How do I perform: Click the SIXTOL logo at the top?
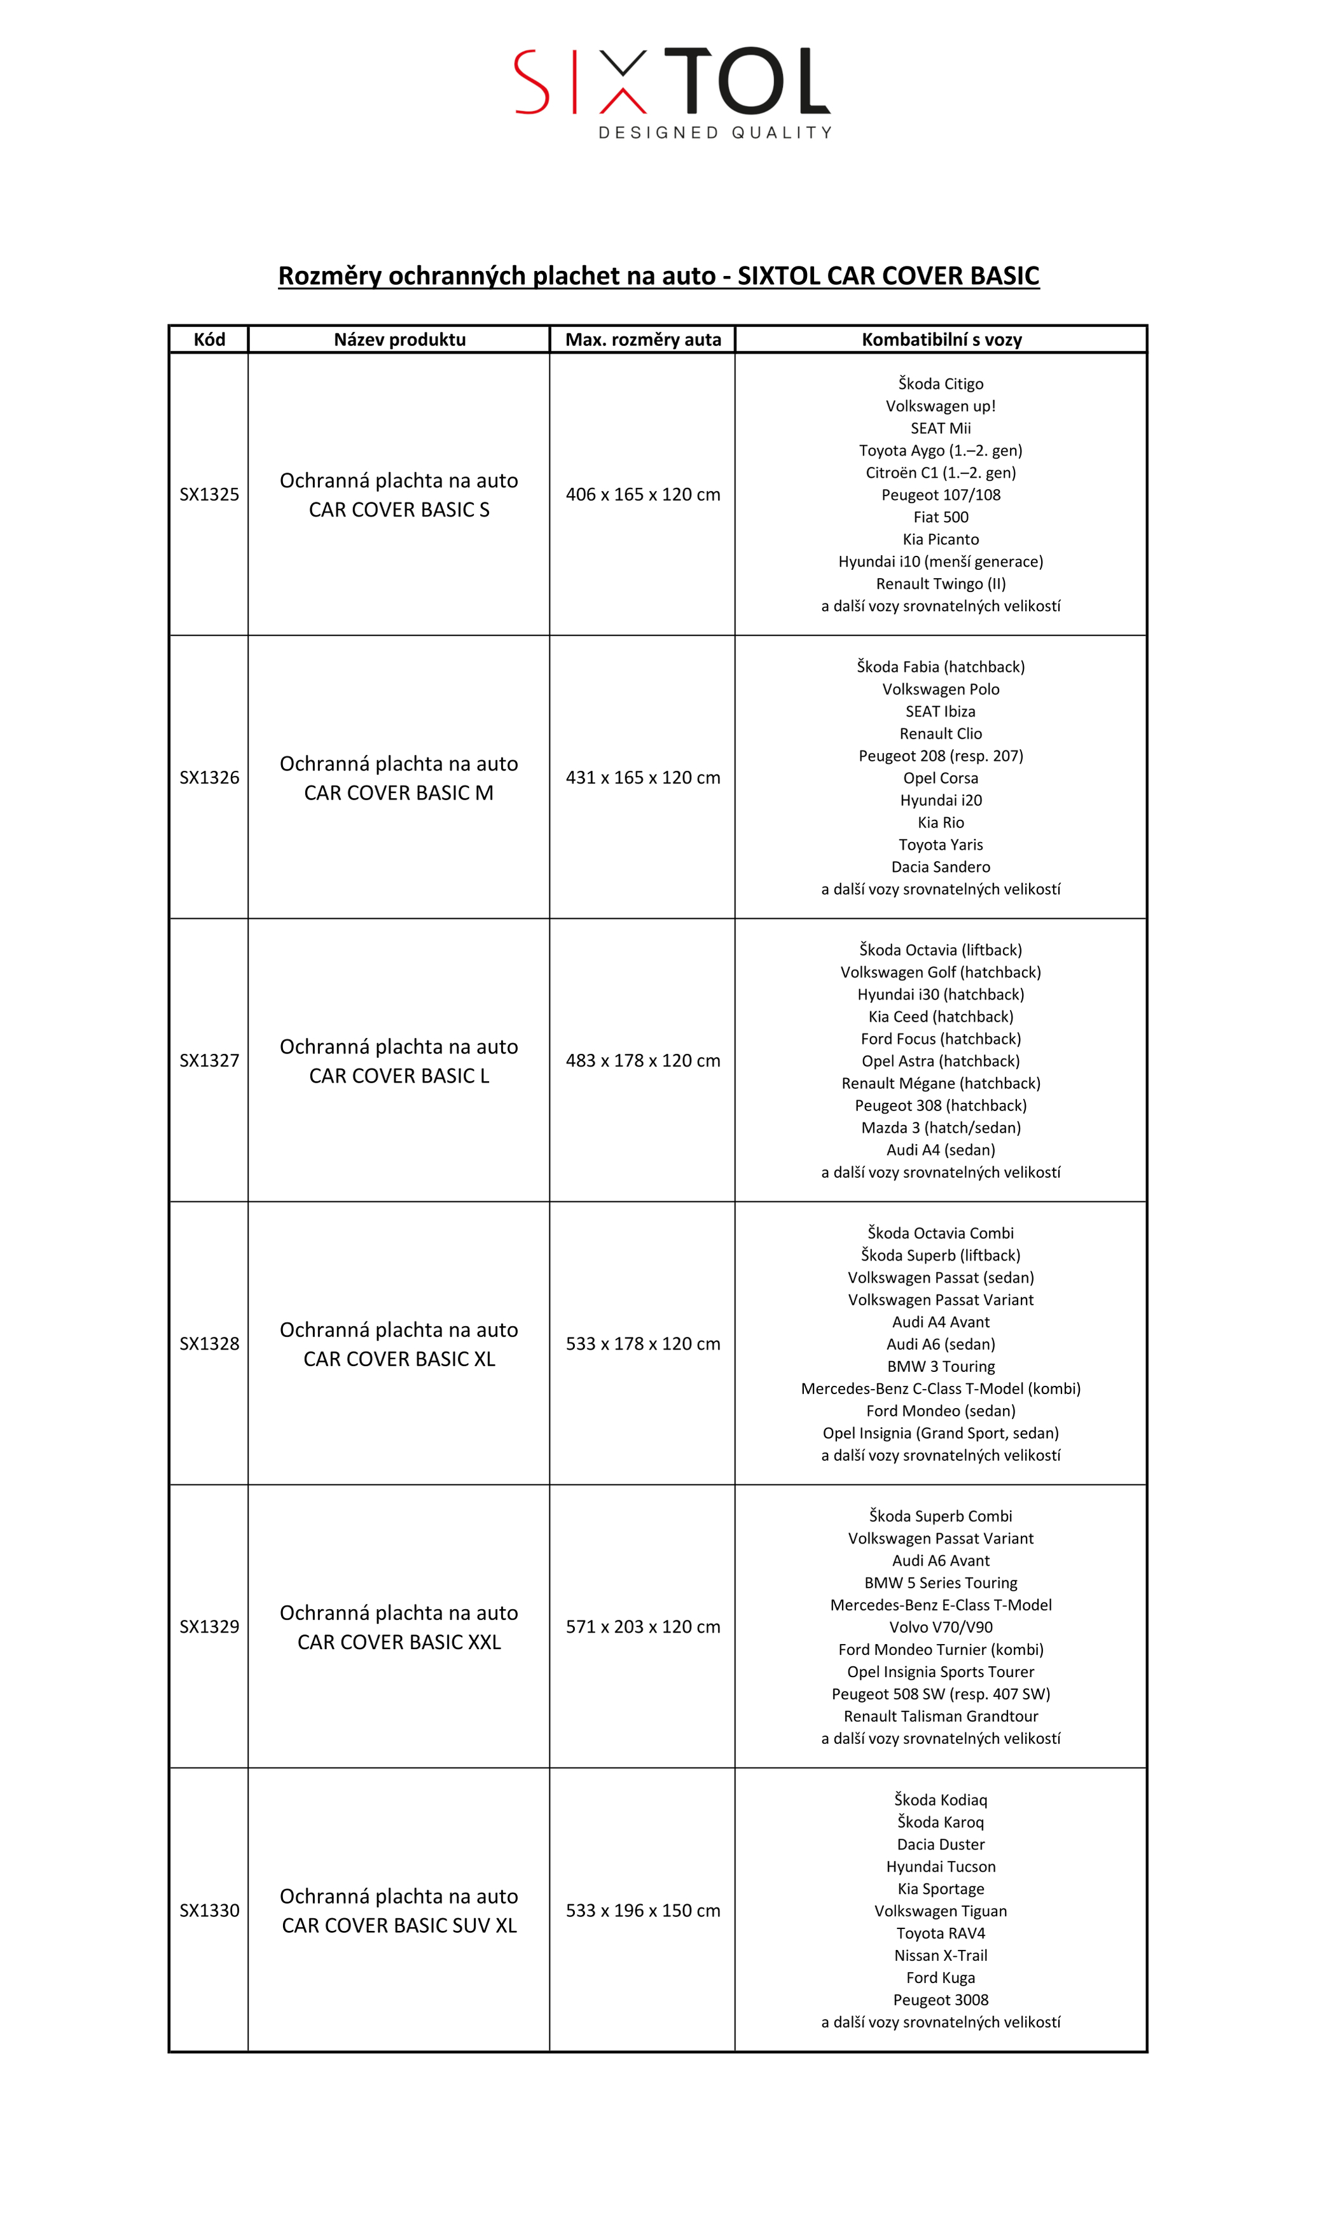(672, 81)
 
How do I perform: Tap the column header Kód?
(209, 340)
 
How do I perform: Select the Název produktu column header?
(399, 340)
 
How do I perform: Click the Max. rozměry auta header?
(642, 340)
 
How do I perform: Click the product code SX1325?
(209, 494)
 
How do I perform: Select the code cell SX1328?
(209, 1343)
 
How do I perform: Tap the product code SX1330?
(209, 1910)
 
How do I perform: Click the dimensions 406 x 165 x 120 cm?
(642, 494)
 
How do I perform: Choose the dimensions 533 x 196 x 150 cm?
(642, 1910)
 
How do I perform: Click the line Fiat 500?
(941, 516)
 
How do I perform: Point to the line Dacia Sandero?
(941, 867)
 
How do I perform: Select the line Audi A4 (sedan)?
(941, 1150)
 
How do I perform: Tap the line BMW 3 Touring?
(941, 1366)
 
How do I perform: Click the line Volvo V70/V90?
(941, 1628)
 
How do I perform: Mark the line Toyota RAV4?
(941, 1933)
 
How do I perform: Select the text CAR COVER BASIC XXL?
(399, 1642)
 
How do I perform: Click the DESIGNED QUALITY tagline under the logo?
(715, 132)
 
